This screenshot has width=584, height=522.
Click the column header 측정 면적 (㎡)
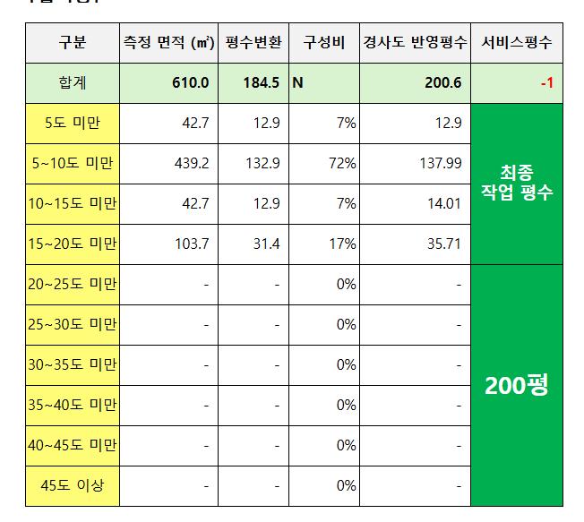click(167, 43)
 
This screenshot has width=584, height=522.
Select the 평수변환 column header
click(252, 43)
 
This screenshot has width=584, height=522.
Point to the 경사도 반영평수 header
click(414, 43)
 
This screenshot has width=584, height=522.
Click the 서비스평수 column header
click(517, 43)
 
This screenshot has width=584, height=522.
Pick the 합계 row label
click(72, 83)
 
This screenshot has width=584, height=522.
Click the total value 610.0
click(191, 83)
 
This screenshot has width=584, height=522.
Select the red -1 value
click(545, 83)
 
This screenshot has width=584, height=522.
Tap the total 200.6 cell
click(443, 83)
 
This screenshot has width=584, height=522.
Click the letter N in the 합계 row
click(298, 83)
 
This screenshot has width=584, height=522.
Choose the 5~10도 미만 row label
click(72, 163)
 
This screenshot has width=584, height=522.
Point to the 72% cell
click(342, 163)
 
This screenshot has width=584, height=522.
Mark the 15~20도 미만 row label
click(72, 244)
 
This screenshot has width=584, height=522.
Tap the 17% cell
click(342, 244)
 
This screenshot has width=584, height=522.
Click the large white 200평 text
click(516, 386)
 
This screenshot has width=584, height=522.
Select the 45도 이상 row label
click(72, 486)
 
